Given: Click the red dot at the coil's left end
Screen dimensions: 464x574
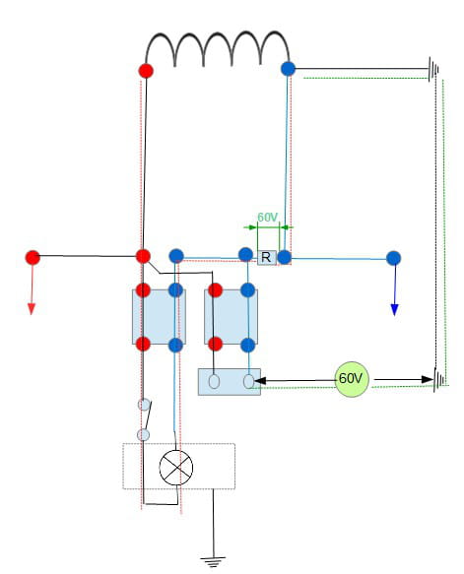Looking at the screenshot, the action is pyautogui.click(x=146, y=71).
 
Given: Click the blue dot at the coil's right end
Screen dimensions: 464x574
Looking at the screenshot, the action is pyautogui.click(x=288, y=69).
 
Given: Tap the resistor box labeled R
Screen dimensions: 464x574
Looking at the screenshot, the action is pyautogui.click(x=267, y=257).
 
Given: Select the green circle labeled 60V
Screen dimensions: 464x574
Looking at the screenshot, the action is pyautogui.click(x=352, y=379).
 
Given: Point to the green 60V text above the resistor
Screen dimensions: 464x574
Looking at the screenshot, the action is pyautogui.click(x=267, y=217).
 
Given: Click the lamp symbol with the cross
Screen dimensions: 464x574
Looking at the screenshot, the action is pyautogui.click(x=176, y=468).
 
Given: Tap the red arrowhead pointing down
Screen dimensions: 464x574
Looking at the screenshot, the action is pyautogui.click(x=32, y=309).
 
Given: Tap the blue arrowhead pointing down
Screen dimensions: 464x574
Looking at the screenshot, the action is pyautogui.click(x=394, y=310).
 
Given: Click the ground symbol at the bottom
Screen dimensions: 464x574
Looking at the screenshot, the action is pyautogui.click(x=213, y=561).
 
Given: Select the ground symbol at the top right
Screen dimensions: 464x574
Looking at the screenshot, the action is pyautogui.click(x=433, y=69).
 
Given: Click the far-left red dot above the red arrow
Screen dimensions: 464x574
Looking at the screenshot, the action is pyautogui.click(x=33, y=258).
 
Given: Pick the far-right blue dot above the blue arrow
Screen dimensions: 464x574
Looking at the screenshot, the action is pyautogui.click(x=393, y=258).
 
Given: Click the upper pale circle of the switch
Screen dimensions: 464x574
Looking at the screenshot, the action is pyautogui.click(x=144, y=405).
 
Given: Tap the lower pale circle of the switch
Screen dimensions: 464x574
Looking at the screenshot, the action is pyautogui.click(x=143, y=435).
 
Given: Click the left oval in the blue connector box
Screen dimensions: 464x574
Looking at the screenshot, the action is pyautogui.click(x=214, y=381).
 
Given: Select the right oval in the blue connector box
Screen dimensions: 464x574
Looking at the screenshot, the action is pyautogui.click(x=248, y=381).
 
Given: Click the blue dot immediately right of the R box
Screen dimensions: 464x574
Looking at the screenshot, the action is pyautogui.click(x=284, y=257).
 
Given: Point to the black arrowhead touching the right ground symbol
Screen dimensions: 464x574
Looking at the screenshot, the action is pyautogui.click(x=428, y=380).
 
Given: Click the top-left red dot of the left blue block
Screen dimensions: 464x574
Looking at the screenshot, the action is pyautogui.click(x=143, y=290).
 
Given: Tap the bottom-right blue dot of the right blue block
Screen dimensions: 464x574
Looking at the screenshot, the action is pyautogui.click(x=248, y=346).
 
